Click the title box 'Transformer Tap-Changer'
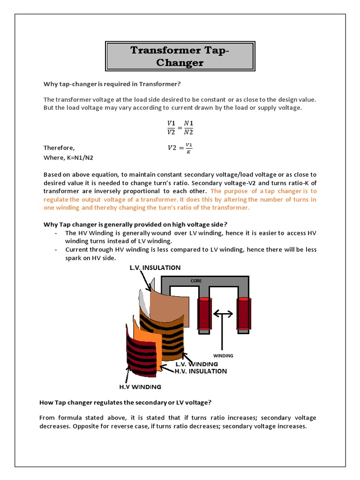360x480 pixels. [x=180, y=56]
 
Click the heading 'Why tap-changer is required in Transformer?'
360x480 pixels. [x=112, y=84]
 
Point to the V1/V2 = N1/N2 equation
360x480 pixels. [x=180, y=127]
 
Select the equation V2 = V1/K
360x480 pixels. [x=180, y=148]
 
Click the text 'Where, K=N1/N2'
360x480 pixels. [x=71, y=157]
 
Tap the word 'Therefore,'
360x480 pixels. [x=59, y=148]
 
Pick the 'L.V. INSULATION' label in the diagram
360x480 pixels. [x=154, y=268]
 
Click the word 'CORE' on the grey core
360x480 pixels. [x=196, y=281]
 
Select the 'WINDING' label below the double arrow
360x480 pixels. [x=223, y=356]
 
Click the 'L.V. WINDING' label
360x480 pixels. [x=196, y=364]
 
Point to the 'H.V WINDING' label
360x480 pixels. [x=139, y=387]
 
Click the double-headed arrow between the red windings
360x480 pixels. [x=223, y=313]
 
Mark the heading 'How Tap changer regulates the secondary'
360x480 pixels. [x=125, y=403]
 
